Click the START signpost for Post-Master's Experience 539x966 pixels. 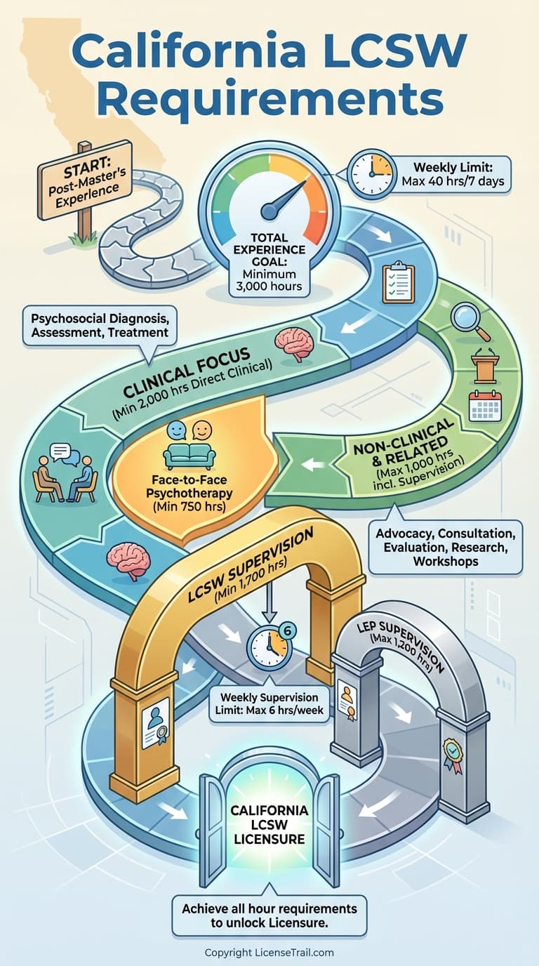pyautogui.click(x=85, y=180)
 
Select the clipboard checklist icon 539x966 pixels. pyautogui.click(x=399, y=282)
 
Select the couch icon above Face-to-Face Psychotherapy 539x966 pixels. pyautogui.click(x=189, y=456)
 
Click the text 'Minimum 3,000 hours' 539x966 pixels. pyautogui.click(x=269, y=280)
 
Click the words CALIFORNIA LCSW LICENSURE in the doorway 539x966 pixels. pyautogui.click(x=269, y=824)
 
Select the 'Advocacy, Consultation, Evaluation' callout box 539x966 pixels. pyautogui.click(x=446, y=547)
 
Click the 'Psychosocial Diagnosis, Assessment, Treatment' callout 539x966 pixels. pyautogui.click(x=100, y=326)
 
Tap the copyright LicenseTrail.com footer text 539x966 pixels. pyautogui.click(x=269, y=952)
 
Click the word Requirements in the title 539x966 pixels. pyautogui.click(x=270, y=98)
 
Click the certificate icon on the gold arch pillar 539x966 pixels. pyautogui.click(x=154, y=725)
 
